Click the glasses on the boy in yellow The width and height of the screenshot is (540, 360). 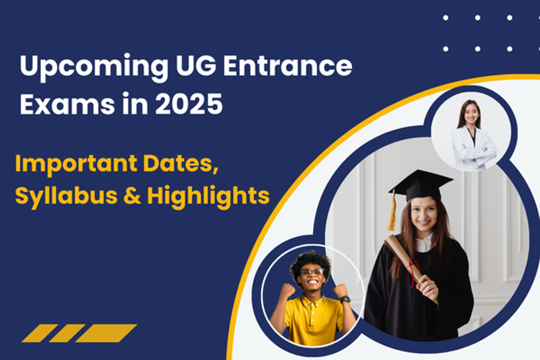pyautogui.click(x=312, y=272)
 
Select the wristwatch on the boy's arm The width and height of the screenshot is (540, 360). pyautogui.click(x=345, y=299)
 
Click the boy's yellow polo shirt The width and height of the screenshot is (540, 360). pyautogui.click(x=311, y=320)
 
